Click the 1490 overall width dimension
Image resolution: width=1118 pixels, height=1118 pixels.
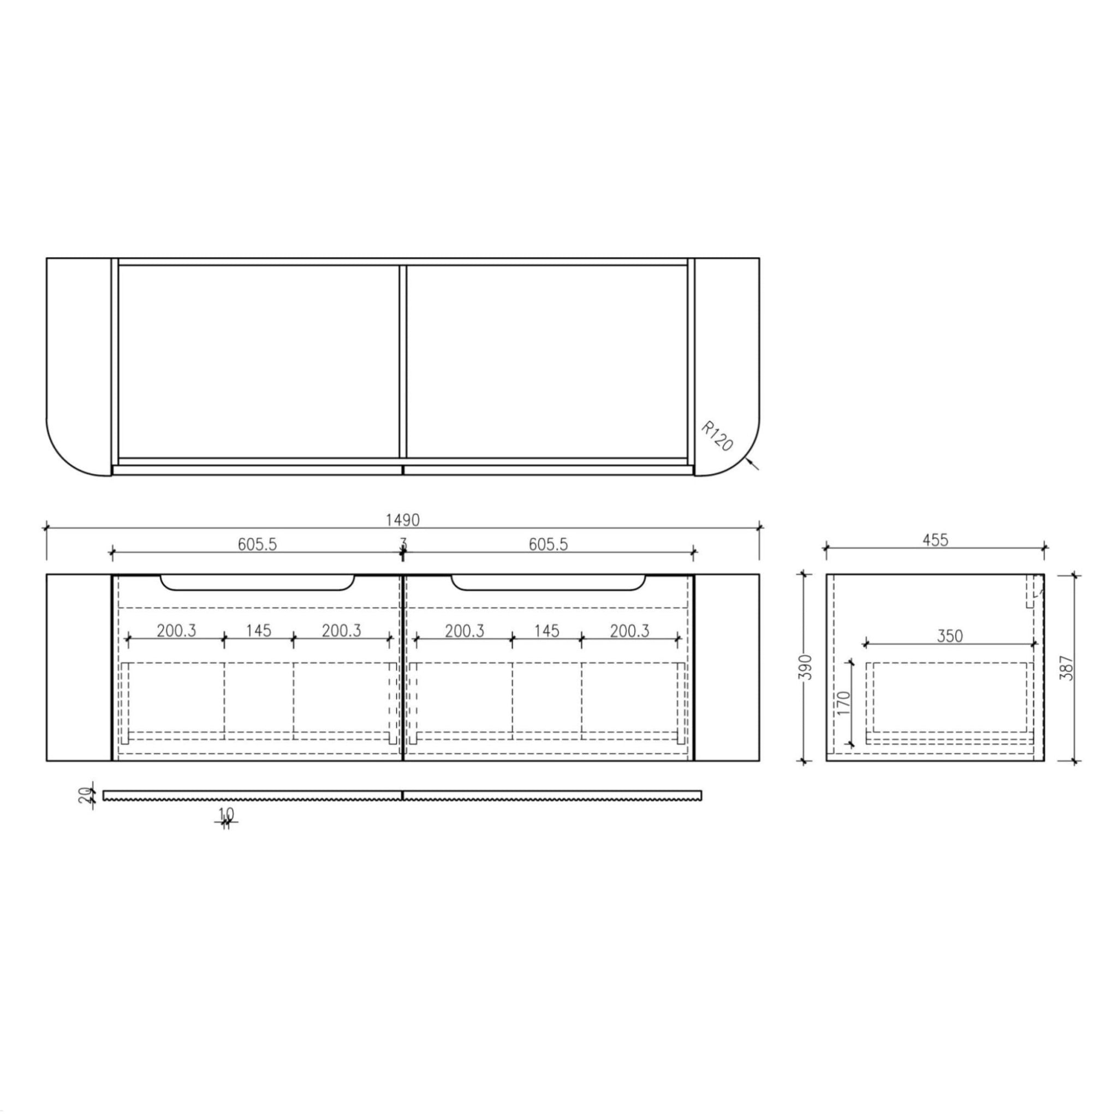coord(403,520)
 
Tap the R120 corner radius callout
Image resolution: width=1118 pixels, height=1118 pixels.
coord(716,436)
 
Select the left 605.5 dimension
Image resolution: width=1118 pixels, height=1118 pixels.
coord(257,544)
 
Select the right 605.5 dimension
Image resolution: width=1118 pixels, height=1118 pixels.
coord(548,544)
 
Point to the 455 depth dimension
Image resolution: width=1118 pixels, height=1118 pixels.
coord(935,540)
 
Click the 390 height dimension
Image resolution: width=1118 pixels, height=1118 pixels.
coord(807,667)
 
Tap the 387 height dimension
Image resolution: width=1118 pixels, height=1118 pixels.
coord(1068,667)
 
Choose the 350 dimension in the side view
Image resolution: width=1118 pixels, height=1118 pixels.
coord(950,636)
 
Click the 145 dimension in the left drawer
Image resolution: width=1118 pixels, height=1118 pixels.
coord(258,630)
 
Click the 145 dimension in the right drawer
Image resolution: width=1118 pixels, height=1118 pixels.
coord(547,630)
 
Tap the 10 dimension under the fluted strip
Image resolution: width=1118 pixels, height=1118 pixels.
coord(226,814)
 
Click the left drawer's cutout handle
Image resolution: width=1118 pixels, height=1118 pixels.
coord(258,584)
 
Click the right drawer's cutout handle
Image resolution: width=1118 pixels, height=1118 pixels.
coord(548,584)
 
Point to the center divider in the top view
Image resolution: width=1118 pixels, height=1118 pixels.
coord(403,362)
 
